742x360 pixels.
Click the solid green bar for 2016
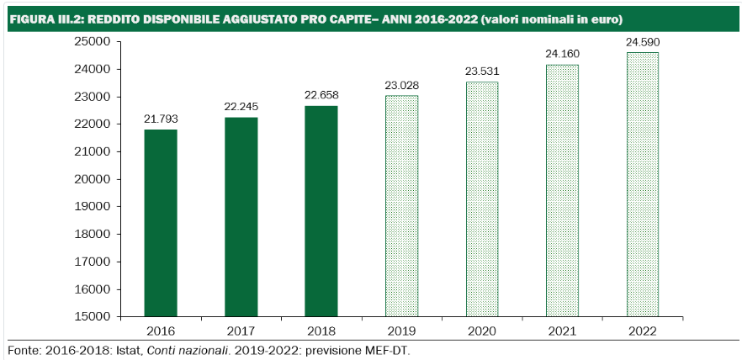point(161,223)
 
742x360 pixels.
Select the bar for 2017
point(241,217)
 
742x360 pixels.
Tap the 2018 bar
point(321,211)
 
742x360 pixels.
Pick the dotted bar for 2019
point(401,206)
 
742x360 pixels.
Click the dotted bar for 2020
point(482,199)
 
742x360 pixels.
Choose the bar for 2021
point(562,191)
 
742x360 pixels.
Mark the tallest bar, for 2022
point(643,184)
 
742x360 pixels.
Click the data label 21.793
point(161,119)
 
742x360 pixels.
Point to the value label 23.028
point(401,85)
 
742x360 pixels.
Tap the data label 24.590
point(643,41)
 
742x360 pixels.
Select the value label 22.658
point(321,95)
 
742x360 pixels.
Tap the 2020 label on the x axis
point(482,331)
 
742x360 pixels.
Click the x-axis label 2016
point(161,331)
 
